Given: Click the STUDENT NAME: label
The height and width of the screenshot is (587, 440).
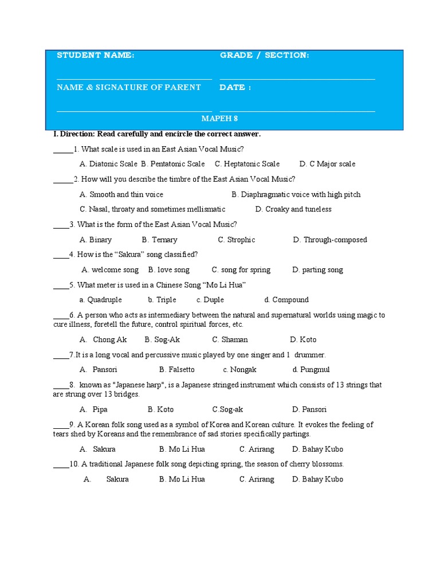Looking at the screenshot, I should [x=96, y=55].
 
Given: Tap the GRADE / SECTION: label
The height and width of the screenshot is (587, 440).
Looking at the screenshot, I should [x=264, y=55].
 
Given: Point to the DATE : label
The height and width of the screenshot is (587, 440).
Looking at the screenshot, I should [x=235, y=87].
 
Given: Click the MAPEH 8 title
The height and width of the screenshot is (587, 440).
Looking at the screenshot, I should [x=219, y=119].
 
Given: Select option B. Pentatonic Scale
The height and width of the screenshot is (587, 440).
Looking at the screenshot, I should [x=173, y=164].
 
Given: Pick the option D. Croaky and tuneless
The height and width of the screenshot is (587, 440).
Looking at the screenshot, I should [x=293, y=209].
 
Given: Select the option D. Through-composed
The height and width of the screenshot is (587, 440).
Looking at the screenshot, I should [x=330, y=240].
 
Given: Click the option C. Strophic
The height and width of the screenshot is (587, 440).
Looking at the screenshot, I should [x=237, y=240].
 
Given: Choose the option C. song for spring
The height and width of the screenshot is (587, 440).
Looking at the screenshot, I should [x=241, y=269].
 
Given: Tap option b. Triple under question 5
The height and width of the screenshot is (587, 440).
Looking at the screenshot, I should [x=162, y=300].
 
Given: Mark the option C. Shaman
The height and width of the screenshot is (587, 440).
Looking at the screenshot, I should [x=230, y=339].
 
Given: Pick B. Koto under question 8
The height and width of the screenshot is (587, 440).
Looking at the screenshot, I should [x=160, y=409].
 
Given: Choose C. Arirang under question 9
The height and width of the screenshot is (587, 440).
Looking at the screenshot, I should [x=257, y=449].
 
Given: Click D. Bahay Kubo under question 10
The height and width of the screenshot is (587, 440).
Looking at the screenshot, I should [x=318, y=479].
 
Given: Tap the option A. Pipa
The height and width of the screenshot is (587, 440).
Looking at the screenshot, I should [x=94, y=409].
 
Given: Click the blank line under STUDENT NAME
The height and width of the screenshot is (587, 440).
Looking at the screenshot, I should [x=134, y=79].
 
